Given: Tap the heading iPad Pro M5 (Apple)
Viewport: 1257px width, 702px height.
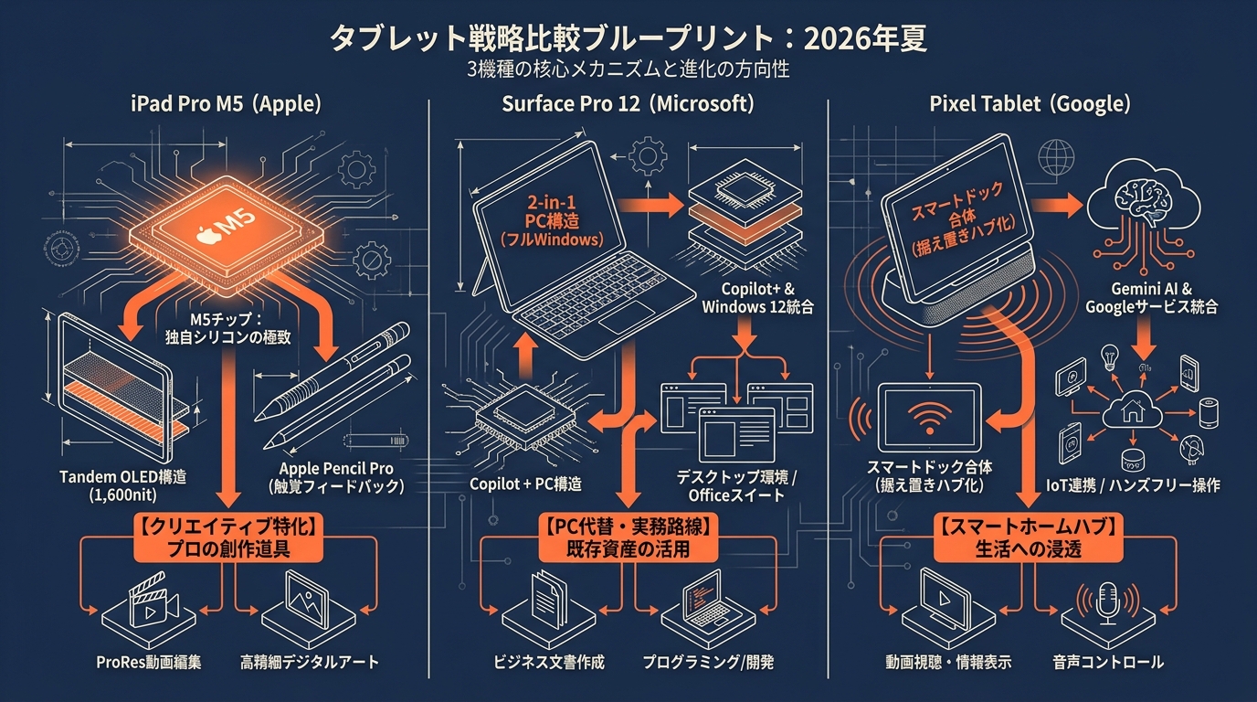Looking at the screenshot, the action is pos(226,104).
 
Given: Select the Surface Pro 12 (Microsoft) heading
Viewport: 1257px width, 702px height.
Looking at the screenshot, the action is pos(628,104).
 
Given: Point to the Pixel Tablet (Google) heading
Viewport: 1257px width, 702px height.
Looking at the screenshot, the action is pos(1030,104).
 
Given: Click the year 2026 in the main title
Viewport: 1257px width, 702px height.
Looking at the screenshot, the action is pos(836,39).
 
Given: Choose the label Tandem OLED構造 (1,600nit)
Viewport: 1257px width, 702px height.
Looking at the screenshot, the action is pos(123,485).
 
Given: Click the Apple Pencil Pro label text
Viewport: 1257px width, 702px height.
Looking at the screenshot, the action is pos(336,468).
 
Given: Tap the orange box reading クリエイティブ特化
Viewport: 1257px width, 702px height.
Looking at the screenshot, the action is pos(228,537).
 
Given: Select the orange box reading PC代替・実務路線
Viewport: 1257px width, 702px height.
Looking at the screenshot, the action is pos(628,537).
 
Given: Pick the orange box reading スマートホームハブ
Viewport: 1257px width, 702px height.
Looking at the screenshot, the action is pos(1028,537).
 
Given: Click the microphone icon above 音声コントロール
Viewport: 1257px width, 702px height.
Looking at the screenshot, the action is pos(1108,602).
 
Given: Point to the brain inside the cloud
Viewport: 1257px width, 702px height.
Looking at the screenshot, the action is pos(1143,200).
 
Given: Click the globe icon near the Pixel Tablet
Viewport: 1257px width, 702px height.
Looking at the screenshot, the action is pos(1056,158).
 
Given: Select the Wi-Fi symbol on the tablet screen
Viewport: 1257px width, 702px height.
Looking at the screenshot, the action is pos(929,418).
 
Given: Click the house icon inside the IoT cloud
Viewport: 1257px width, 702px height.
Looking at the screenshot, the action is pos(1133,411).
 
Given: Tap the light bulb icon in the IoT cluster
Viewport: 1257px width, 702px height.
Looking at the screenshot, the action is pos(1109,357).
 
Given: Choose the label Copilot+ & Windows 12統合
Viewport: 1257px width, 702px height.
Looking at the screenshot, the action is pos(757,298).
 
